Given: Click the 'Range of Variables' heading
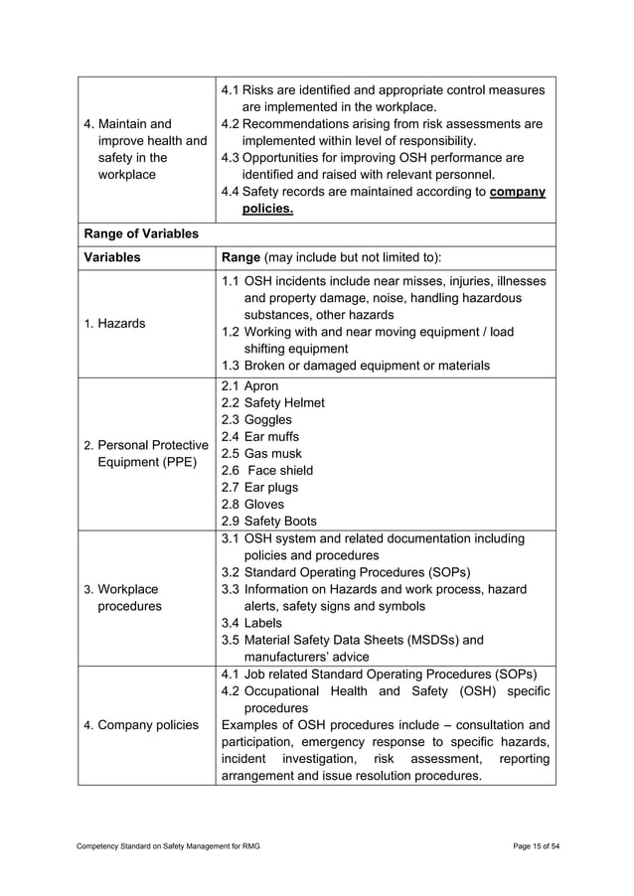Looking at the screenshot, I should click(x=141, y=233).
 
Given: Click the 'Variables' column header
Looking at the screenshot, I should click(x=112, y=256).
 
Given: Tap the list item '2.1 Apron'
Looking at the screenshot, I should click(x=249, y=385).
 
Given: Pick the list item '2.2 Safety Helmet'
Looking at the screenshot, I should click(x=272, y=402).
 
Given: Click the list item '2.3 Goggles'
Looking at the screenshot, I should click(x=255, y=419).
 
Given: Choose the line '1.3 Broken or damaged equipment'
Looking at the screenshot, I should click(x=355, y=366).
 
